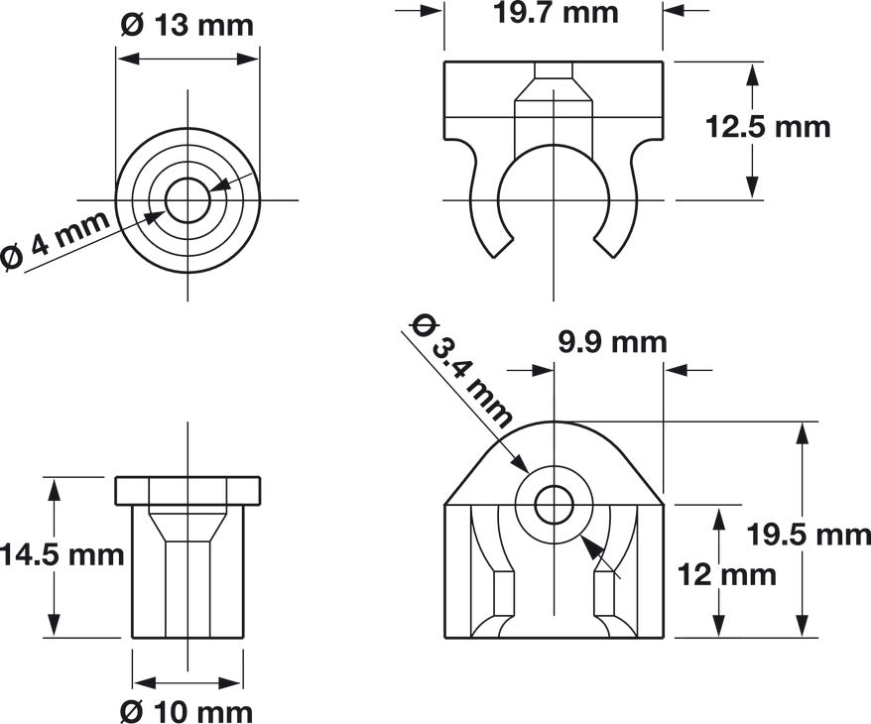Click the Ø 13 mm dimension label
coord(187,25)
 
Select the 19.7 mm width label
coord(556,13)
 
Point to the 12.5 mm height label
coord(768,127)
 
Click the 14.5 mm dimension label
coord(62,554)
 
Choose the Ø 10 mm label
coord(187,711)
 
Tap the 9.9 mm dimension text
coord(612,342)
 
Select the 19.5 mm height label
coord(809,536)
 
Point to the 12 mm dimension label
coord(726,574)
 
